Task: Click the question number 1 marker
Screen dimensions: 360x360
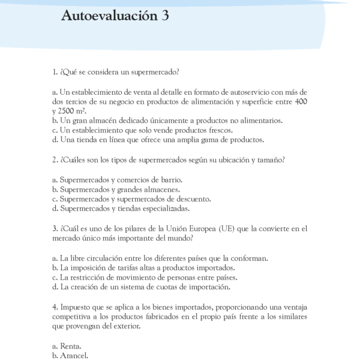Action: (x=55, y=73)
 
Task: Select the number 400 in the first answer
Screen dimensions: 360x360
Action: (x=299, y=102)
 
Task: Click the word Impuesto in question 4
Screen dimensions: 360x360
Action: (x=76, y=307)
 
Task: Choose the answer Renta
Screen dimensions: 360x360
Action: (x=71, y=346)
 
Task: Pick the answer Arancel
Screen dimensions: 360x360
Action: (x=74, y=356)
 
